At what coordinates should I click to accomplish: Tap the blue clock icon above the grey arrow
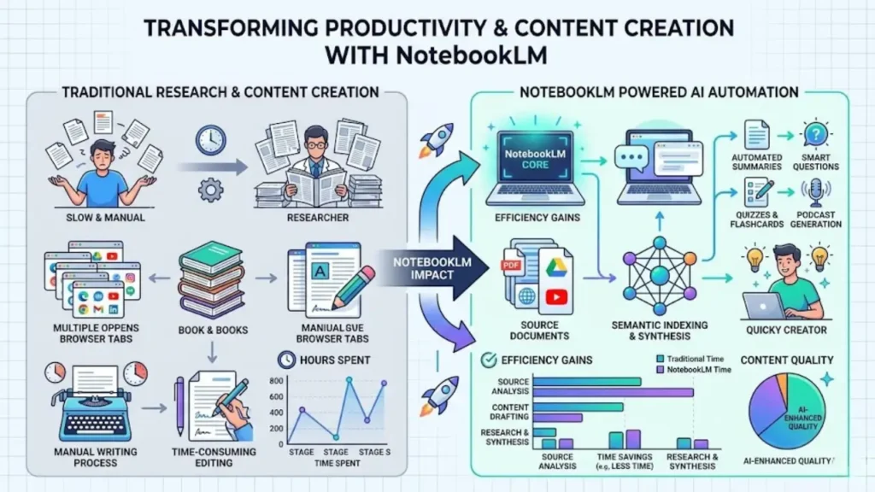[209, 139]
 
